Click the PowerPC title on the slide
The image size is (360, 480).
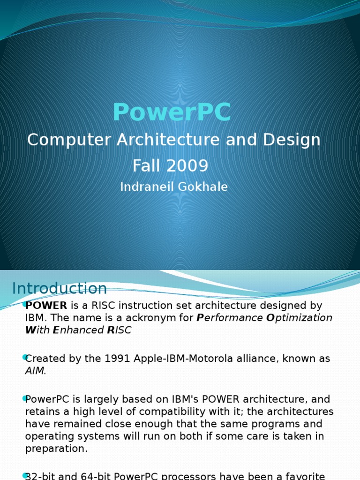click(172, 112)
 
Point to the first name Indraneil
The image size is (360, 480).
click(146, 187)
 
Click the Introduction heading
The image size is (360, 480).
click(60, 288)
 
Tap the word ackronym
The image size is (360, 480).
click(167, 318)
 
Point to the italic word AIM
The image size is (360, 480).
click(35, 371)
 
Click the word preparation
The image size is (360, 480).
click(56, 449)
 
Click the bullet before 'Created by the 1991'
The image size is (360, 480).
click(24, 358)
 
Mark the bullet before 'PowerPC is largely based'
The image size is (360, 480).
click(24, 399)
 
